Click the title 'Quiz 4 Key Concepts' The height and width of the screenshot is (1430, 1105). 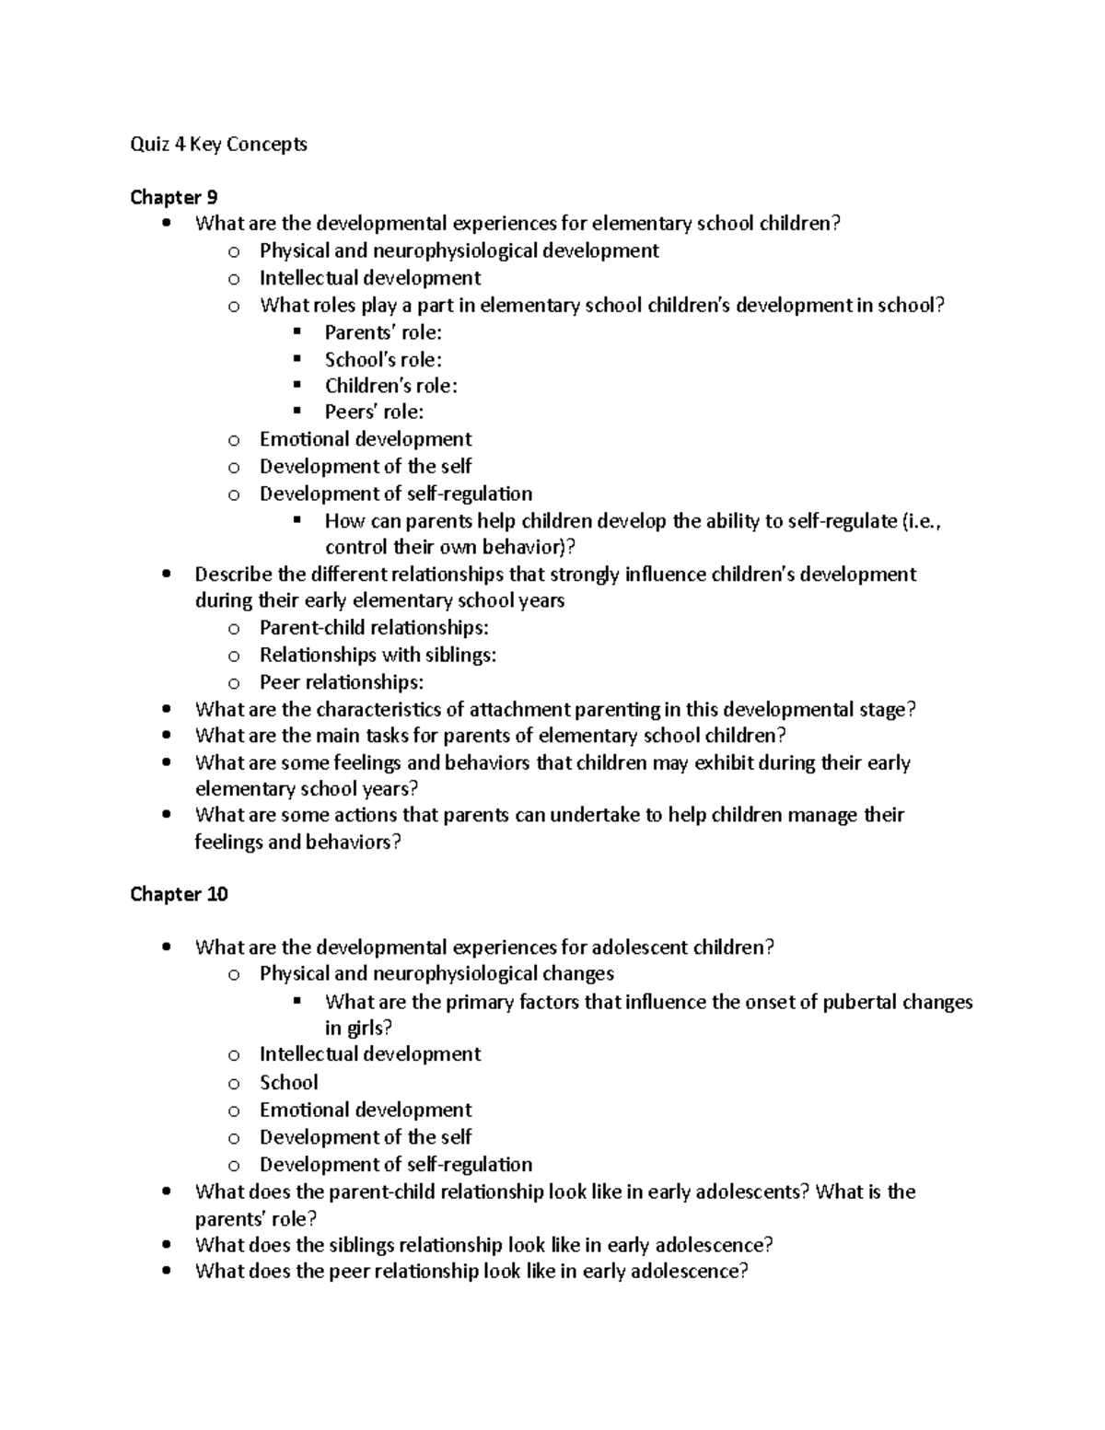click(218, 144)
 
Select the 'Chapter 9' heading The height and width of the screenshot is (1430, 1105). click(173, 197)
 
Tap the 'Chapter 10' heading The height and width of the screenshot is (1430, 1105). click(179, 894)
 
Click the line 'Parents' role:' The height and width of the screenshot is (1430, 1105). click(383, 332)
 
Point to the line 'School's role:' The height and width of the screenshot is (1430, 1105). click(383, 360)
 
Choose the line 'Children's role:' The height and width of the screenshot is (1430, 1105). click(390, 386)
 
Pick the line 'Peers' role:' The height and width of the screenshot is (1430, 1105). click(374, 413)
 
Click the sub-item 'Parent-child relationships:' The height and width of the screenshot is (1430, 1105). click(374, 628)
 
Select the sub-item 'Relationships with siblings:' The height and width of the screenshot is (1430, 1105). click(378, 655)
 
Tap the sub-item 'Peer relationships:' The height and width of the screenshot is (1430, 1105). click(342, 682)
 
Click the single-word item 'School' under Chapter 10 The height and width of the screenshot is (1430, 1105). click(288, 1082)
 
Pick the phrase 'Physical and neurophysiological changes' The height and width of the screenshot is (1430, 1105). click(436, 973)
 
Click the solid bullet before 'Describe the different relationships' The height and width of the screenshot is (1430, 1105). click(166, 575)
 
